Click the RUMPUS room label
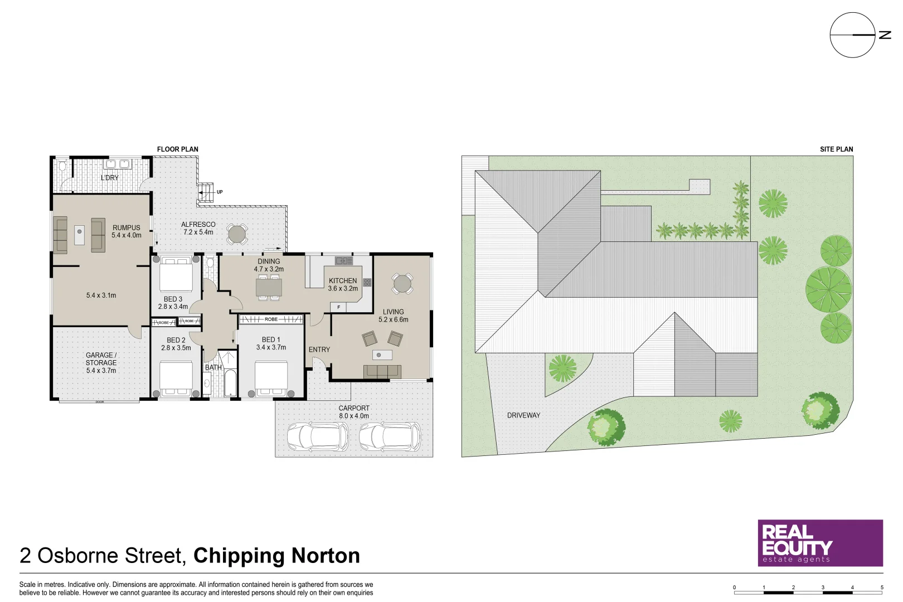[127, 227]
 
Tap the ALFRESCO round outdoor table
[237, 234]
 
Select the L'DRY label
[110, 178]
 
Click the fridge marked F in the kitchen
[338, 307]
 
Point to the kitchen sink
[343, 261]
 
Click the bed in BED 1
[271, 378]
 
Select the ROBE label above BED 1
[271, 319]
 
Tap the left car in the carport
[318, 436]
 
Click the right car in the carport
[390, 436]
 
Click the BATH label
[213, 367]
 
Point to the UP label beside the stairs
[220, 192]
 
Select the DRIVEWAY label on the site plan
[523, 415]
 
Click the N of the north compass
[885, 35]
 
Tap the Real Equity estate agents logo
[820, 543]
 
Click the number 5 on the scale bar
[882, 588]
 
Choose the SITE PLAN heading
[836, 149]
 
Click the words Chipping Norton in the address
[276, 556]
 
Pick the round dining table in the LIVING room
[402, 284]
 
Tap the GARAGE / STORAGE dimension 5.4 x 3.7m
[101, 371]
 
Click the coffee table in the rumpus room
[79, 235]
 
